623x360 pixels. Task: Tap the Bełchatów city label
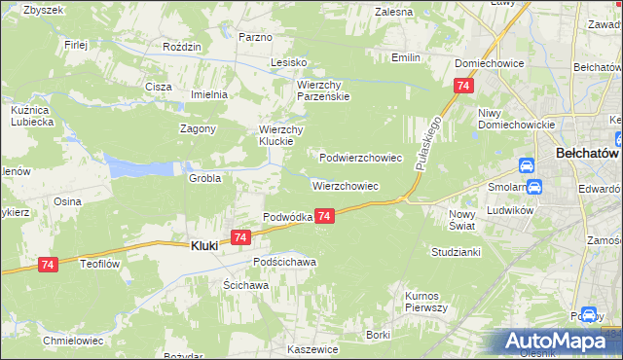click(x=588, y=153)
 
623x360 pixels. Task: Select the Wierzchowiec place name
click(x=346, y=185)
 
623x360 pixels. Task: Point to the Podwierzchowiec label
click(x=361, y=157)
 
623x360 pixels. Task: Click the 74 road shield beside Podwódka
click(x=326, y=216)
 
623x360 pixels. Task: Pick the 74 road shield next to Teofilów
click(x=49, y=264)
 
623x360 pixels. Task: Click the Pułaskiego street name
click(x=428, y=142)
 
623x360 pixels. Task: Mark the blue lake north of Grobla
click(x=136, y=168)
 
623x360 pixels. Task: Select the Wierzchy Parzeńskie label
click(x=322, y=90)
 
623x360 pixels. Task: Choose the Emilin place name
click(x=406, y=57)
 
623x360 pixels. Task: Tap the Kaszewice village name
click(x=312, y=348)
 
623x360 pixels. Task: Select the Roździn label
click(x=182, y=47)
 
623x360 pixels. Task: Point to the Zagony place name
click(x=198, y=128)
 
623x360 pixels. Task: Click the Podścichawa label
click(x=285, y=262)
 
